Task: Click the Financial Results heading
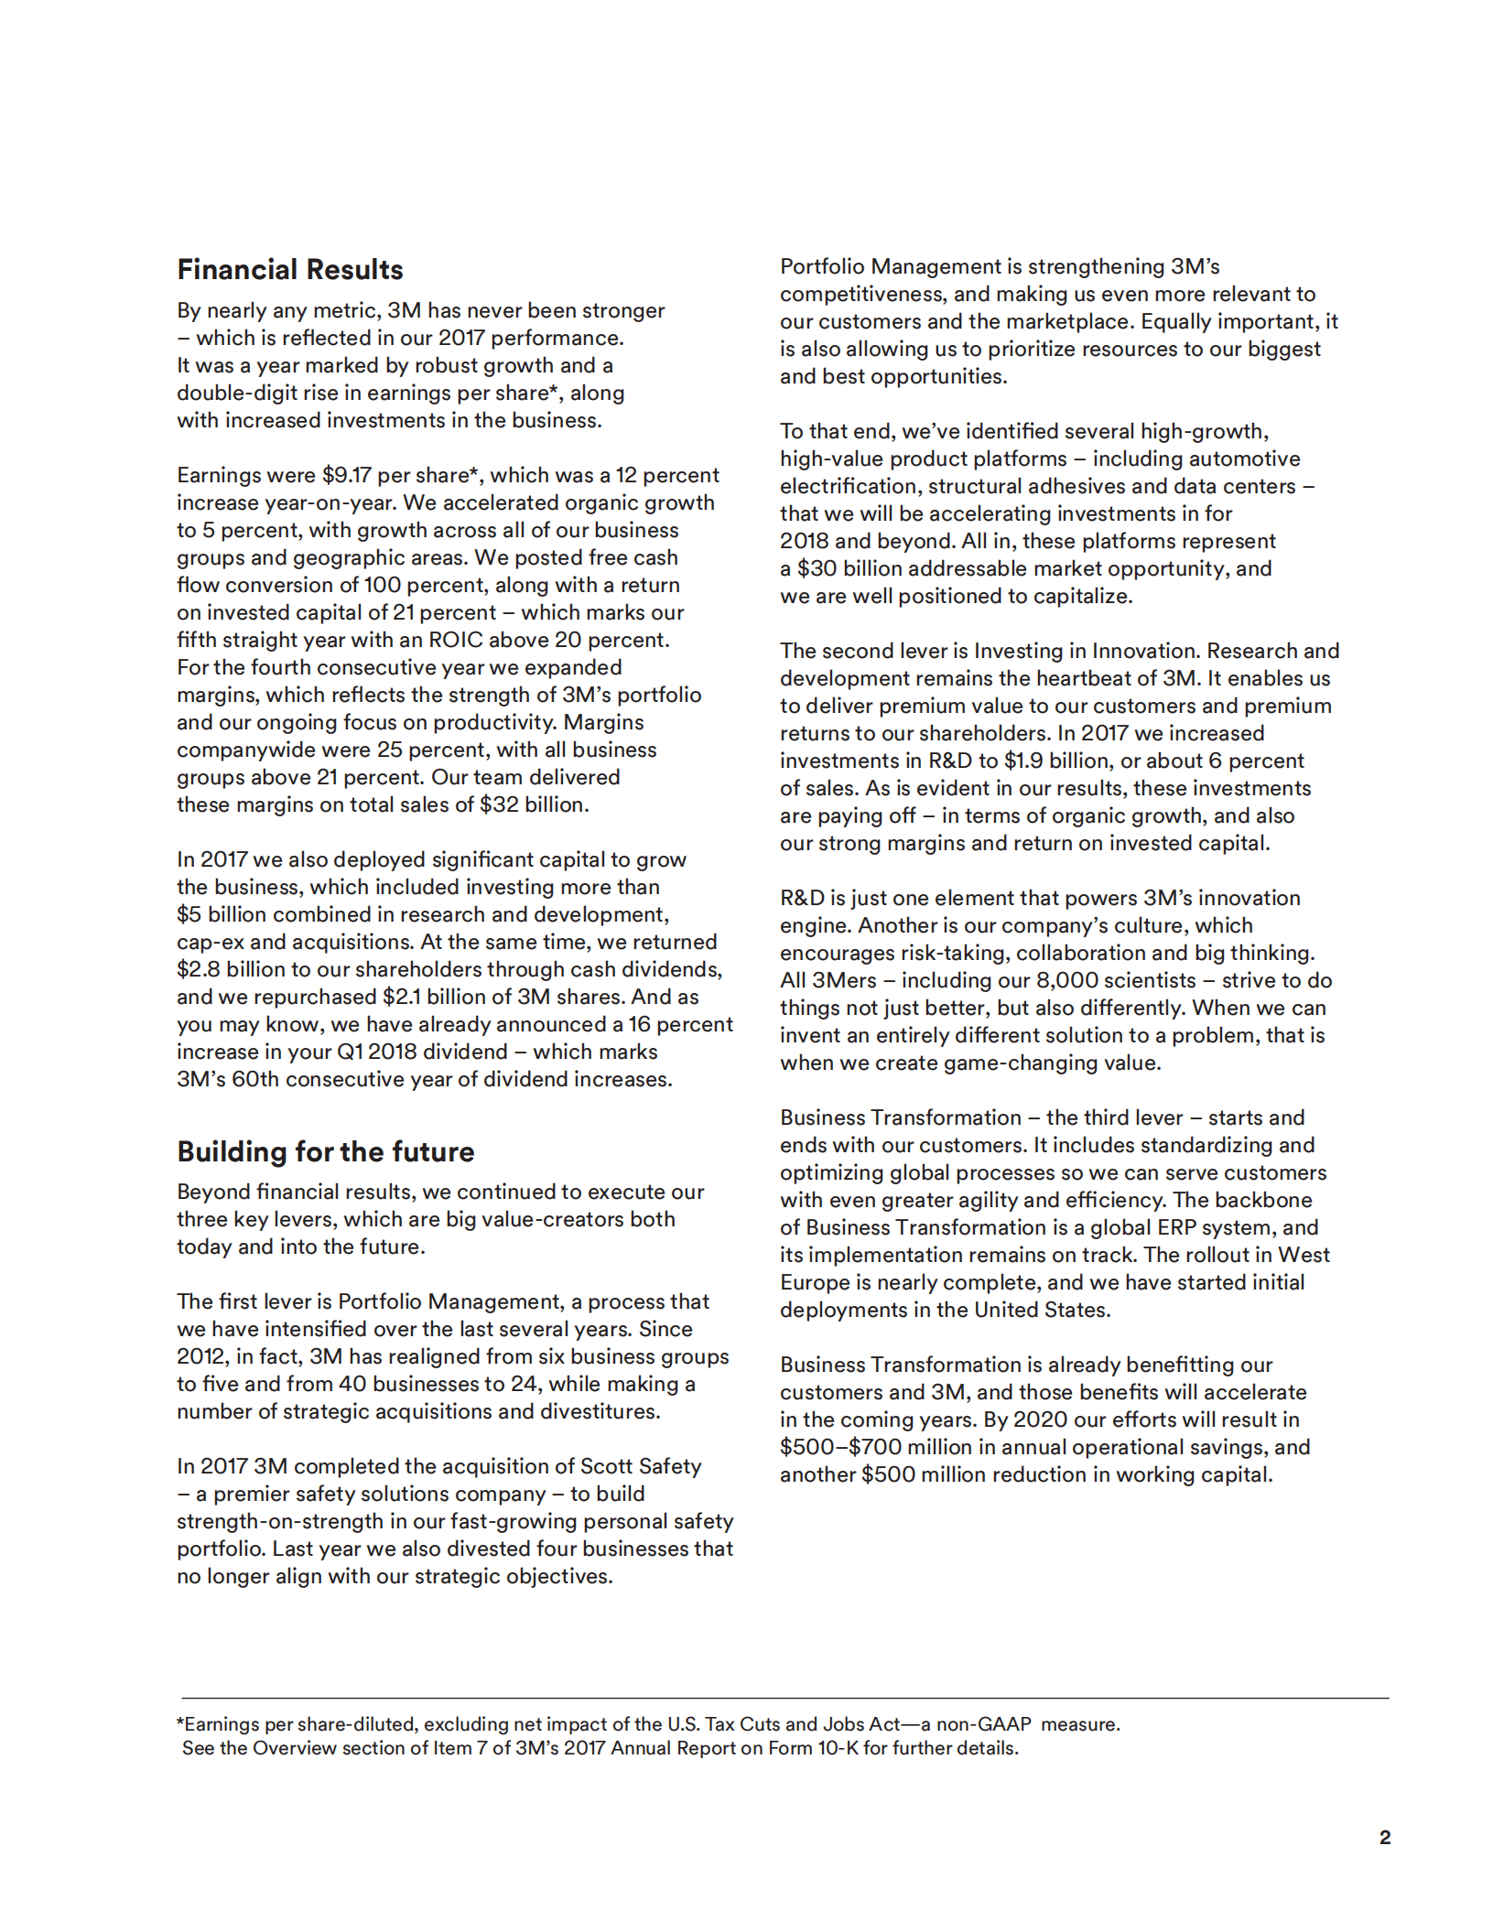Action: pyautogui.click(x=289, y=270)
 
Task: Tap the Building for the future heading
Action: pyautogui.click(x=325, y=1151)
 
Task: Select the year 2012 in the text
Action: pyautogui.click(x=200, y=1357)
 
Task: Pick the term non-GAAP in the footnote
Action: pyautogui.click(x=983, y=1725)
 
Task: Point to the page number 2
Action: pyautogui.click(x=1384, y=1838)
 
